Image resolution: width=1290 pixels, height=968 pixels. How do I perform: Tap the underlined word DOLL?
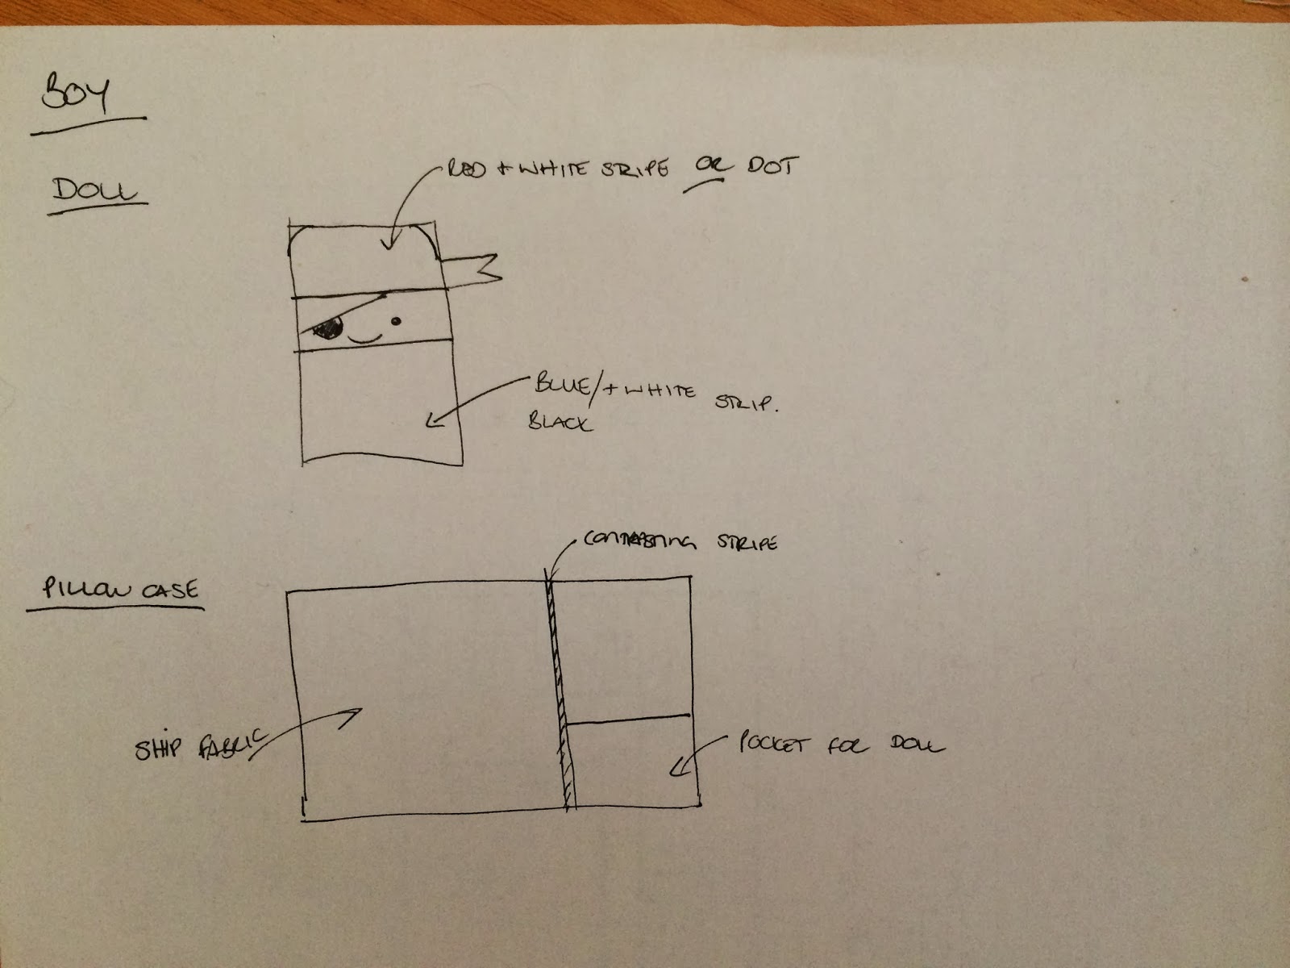(95, 191)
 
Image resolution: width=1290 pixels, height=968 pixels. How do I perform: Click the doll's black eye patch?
(328, 328)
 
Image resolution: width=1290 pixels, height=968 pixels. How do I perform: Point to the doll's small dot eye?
(396, 322)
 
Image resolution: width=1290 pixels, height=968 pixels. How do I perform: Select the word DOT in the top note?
(773, 166)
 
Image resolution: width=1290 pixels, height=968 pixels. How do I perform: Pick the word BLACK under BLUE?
(560, 421)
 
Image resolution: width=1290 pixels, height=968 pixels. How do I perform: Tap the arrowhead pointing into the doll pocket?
(676, 771)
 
